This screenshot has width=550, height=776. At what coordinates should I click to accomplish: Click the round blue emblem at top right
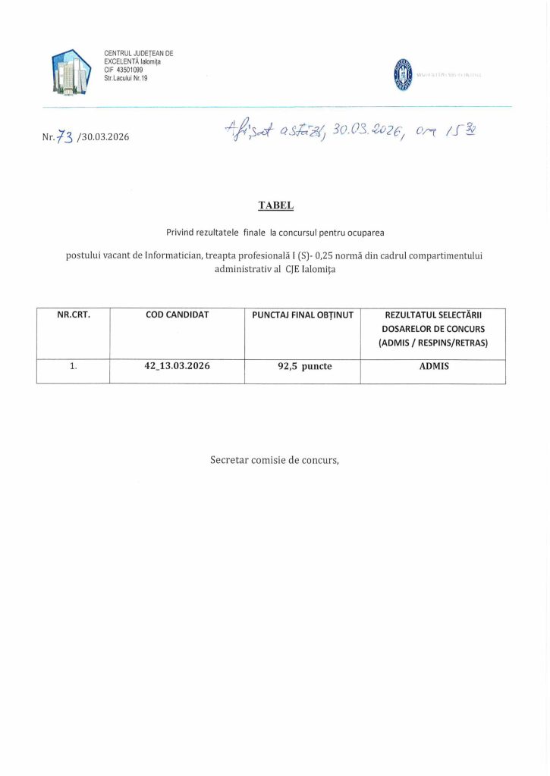[x=403, y=74]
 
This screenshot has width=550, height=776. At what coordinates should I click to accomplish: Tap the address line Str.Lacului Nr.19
[x=126, y=78]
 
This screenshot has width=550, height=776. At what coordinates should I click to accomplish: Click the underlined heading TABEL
[x=275, y=205]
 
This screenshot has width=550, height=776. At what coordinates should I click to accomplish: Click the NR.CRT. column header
[x=74, y=314]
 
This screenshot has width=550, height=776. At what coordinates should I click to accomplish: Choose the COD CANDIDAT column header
[x=177, y=314]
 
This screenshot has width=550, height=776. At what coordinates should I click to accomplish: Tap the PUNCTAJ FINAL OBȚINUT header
[x=302, y=314]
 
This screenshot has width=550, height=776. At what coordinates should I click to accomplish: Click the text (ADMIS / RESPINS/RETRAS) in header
[x=432, y=343]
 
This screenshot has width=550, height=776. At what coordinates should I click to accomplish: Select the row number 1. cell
[x=74, y=366]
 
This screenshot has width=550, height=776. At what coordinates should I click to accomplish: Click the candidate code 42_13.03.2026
[x=177, y=366]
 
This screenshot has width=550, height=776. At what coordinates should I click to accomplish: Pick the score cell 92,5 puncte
[x=302, y=366]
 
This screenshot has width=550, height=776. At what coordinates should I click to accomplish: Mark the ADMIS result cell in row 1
[x=433, y=366]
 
